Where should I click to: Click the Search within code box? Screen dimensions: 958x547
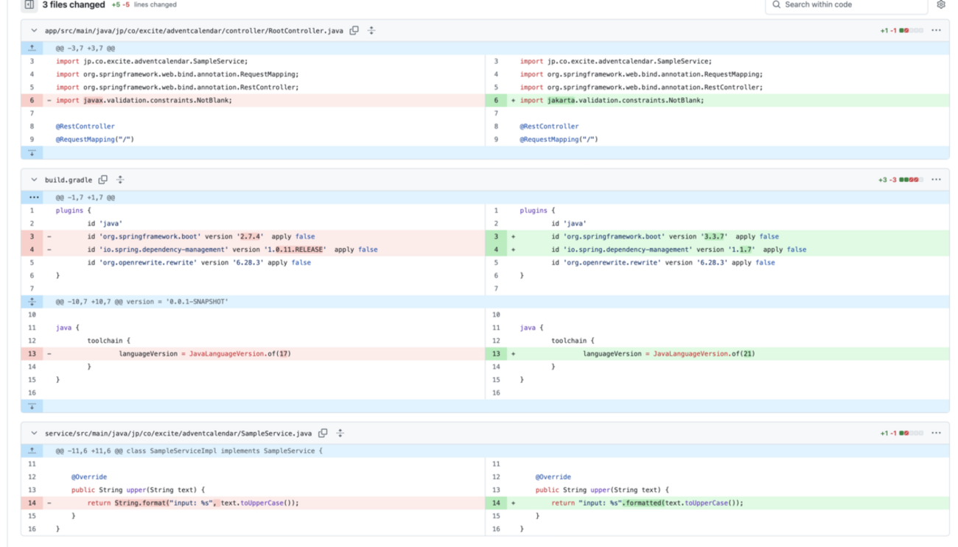tap(847, 5)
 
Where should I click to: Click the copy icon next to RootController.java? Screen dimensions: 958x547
tap(354, 31)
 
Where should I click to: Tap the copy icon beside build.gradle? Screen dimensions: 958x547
tap(103, 180)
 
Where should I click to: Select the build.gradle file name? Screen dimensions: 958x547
tap(69, 180)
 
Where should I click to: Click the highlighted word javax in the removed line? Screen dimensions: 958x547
tap(94, 100)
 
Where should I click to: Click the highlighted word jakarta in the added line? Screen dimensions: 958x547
tap(561, 100)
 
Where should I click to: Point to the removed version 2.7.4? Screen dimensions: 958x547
tap(251, 237)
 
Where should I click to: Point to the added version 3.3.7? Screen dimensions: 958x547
tap(714, 237)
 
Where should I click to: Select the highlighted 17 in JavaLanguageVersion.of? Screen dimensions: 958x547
tap(284, 354)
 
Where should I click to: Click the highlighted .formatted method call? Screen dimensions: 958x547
tap(642, 503)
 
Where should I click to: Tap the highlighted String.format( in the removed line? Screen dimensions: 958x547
tap(142, 503)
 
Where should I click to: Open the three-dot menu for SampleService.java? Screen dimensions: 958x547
tap(936, 434)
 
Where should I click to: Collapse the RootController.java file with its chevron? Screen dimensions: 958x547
tap(34, 31)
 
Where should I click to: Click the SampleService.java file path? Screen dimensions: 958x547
tap(178, 434)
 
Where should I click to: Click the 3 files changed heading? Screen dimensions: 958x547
tap(74, 4)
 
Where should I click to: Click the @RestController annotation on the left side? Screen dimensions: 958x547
tap(85, 127)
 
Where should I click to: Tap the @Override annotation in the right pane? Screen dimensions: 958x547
tap(553, 477)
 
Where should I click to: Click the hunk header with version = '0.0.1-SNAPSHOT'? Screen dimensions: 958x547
tap(141, 302)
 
